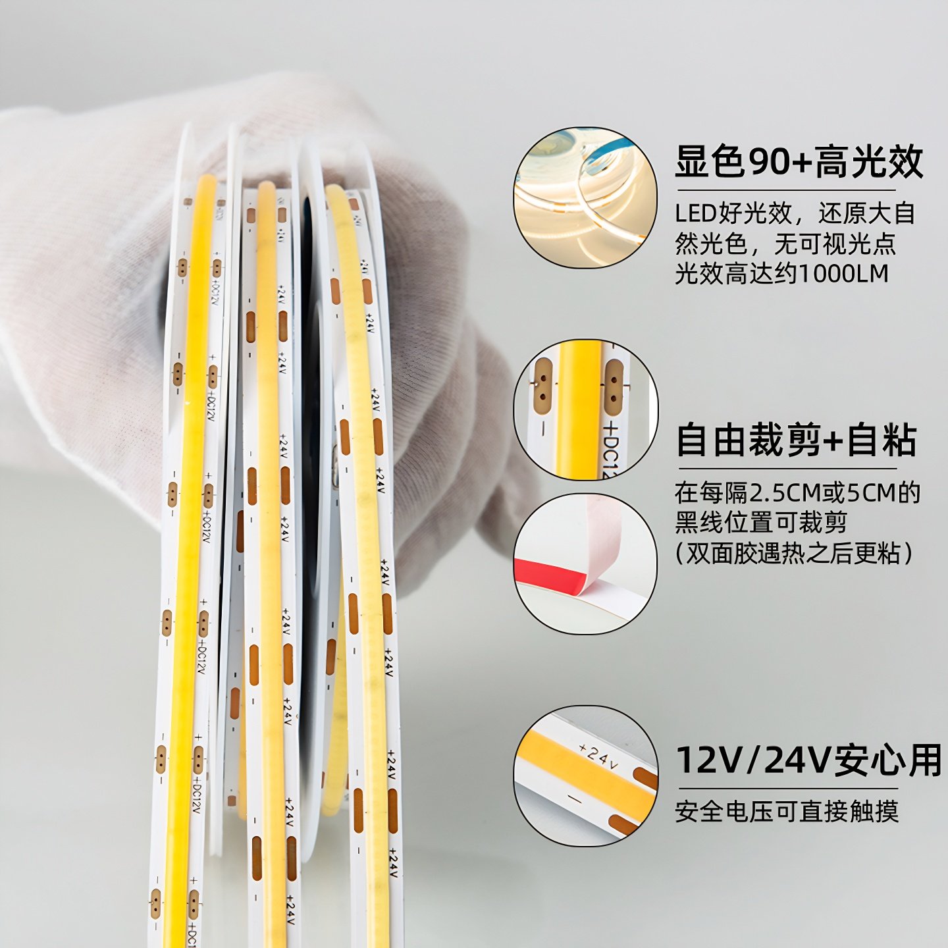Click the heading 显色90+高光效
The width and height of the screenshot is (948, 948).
(799, 162)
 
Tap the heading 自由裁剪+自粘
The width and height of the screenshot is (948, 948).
(796, 440)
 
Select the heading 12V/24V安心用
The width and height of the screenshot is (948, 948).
(809, 760)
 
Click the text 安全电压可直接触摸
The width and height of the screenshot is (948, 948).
(787, 811)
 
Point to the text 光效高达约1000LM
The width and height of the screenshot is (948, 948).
(781, 273)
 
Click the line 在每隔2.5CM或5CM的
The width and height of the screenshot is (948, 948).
(797, 492)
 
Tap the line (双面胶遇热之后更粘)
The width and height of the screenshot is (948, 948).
(794, 553)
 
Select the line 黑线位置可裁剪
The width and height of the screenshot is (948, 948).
(760, 523)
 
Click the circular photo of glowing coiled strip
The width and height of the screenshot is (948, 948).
(585, 198)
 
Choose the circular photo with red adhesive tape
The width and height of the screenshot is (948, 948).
(585, 564)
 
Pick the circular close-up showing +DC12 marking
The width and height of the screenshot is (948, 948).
(585, 409)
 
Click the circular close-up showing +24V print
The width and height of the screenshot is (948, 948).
(585, 776)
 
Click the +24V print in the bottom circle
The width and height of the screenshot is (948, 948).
(598, 757)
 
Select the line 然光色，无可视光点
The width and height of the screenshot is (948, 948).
(785, 244)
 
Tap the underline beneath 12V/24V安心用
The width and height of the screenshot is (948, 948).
(788, 788)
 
